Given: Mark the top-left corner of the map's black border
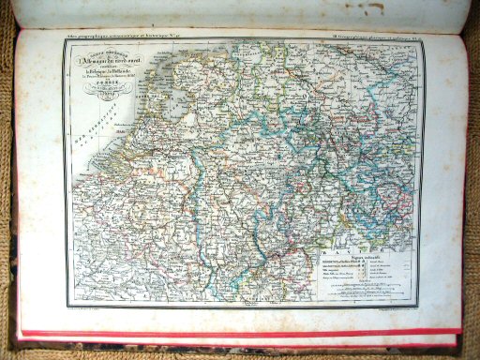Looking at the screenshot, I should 63,40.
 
